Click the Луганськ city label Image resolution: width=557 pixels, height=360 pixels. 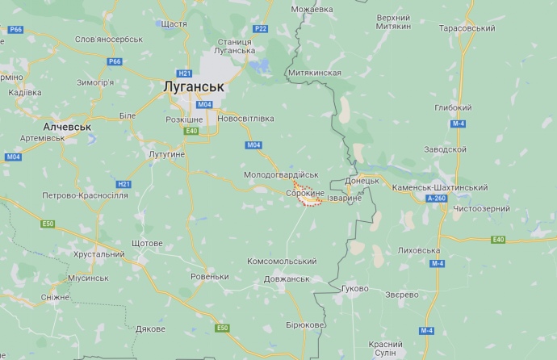click(x=193, y=85)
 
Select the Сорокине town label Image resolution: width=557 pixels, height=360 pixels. click(x=304, y=195)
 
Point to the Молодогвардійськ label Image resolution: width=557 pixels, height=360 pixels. click(x=282, y=174)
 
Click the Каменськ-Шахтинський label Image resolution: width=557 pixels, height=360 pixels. click(x=439, y=187)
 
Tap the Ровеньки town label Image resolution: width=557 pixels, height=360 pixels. click(x=210, y=277)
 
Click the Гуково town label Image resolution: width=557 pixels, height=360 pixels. click(x=355, y=288)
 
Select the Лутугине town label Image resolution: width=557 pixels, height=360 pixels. click(x=167, y=153)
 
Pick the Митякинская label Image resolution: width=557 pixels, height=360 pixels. click(x=314, y=73)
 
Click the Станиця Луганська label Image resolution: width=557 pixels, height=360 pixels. click(x=236, y=45)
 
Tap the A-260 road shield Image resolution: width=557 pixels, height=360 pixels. click(x=436, y=199)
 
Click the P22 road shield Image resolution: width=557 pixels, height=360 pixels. click(x=260, y=28)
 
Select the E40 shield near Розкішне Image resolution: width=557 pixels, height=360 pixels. click(x=191, y=131)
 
